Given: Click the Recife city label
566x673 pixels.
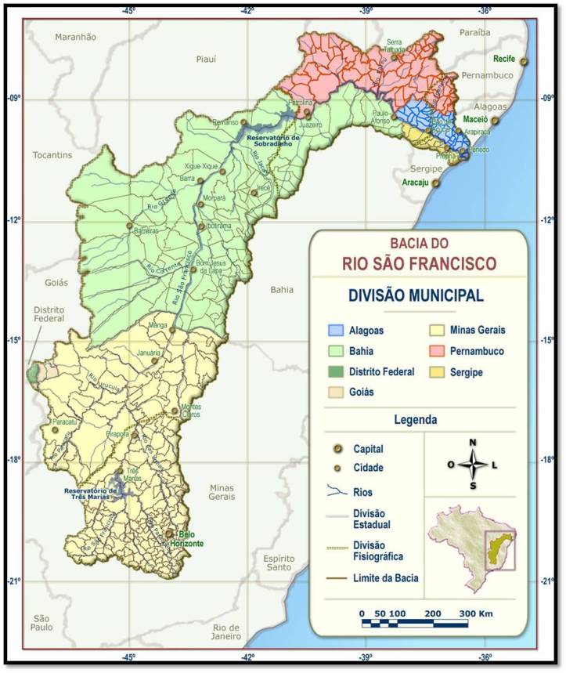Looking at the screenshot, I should [x=504, y=59].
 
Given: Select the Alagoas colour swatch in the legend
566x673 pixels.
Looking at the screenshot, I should [x=337, y=331].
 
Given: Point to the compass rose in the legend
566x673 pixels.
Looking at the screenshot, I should [x=473, y=465].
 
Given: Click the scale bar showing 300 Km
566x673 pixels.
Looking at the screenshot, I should [x=415, y=623].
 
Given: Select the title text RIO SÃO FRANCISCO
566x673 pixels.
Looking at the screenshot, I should [x=419, y=261].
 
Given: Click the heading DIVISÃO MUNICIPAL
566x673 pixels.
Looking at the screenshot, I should [x=415, y=295].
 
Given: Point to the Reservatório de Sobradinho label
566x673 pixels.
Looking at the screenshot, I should [x=269, y=141].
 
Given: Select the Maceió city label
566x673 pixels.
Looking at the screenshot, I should [x=475, y=120].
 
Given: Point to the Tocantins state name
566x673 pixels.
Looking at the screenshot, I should [x=53, y=155].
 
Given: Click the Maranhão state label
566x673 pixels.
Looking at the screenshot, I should [x=75, y=36].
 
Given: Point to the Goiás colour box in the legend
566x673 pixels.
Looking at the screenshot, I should [x=337, y=393].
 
